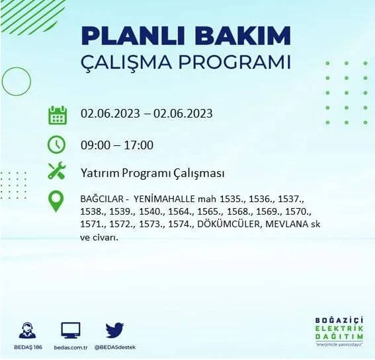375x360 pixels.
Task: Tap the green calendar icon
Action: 58,114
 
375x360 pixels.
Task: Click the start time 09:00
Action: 95,145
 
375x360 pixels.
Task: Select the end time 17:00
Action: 139,145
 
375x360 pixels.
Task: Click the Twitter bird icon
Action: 114,330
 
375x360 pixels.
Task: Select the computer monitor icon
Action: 70,330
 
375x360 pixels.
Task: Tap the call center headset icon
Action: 27,330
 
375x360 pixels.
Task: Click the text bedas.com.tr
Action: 70,347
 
